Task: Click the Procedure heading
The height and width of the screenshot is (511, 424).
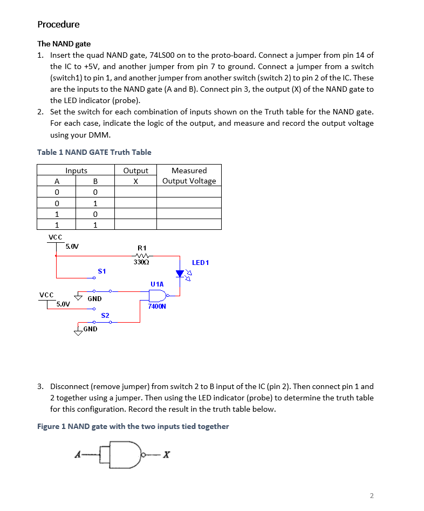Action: [x=58, y=24]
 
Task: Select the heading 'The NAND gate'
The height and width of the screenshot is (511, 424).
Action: [x=64, y=44]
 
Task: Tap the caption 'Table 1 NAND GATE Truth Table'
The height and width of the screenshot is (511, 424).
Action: [x=94, y=152]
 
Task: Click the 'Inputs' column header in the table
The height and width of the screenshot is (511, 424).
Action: [x=76, y=171]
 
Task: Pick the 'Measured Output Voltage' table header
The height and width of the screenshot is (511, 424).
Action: [x=189, y=176]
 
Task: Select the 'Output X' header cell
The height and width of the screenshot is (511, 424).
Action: [x=135, y=176]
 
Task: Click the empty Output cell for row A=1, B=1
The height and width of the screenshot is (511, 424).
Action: [x=135, y=224]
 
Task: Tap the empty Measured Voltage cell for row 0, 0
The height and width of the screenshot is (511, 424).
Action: [x=189, y=192]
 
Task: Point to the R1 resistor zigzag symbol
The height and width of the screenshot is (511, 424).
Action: [x=142, y=256]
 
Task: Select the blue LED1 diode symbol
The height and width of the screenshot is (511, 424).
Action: [x=180, y=274]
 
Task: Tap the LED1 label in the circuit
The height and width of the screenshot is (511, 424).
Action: [x=200, y=263]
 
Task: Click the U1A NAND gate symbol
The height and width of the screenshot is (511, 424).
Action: [x=158, y=295]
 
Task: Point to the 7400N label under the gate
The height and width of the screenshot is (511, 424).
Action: [x=157, y=306]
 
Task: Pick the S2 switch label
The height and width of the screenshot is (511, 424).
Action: [x=105, y=315]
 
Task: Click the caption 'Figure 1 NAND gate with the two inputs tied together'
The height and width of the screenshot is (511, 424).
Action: [x=133, y=426]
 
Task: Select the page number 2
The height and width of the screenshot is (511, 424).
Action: [x=371, y=495]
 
